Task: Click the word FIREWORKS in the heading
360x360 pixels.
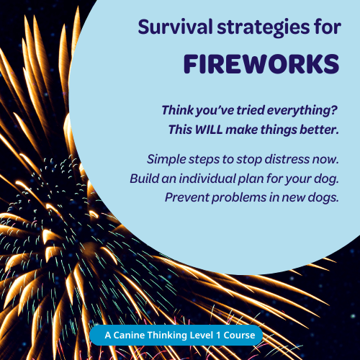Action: [x=261, y=64]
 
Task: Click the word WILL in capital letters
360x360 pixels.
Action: [x=209, y=130]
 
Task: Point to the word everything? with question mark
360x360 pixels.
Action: [x=302, y=111]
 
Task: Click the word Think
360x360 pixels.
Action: [x=178, y=110]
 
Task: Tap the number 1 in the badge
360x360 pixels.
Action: [x=218, y=336]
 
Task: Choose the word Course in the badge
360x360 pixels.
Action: [x=239, y=336]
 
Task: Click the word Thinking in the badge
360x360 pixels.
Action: [x=167, y=336]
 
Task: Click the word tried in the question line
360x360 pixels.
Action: [x=251, y=110]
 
